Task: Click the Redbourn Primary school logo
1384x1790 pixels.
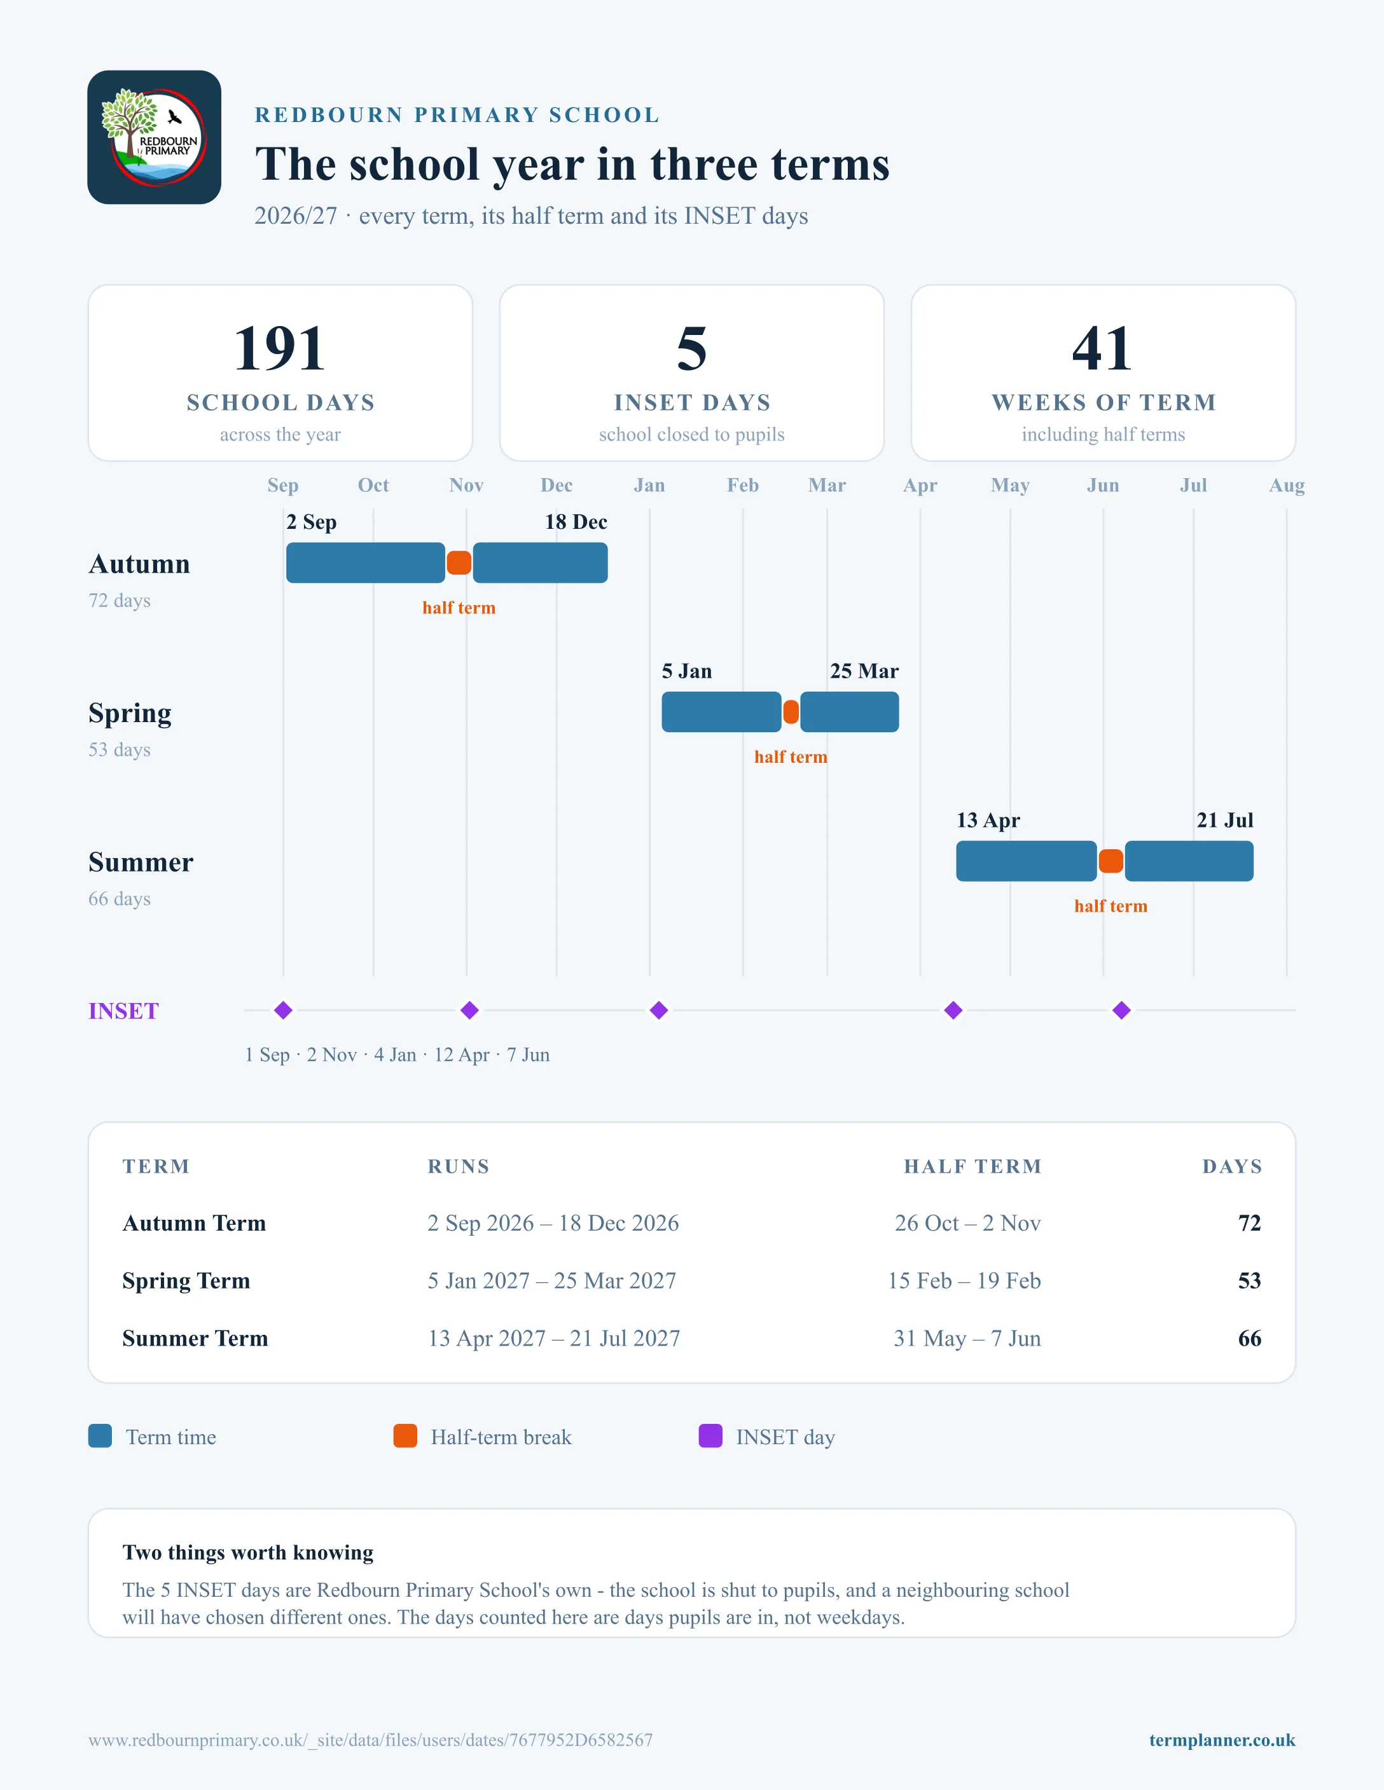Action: (x=154, y=137)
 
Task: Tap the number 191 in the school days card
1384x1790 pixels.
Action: (x=280, y=348)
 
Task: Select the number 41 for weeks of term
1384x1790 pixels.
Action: (x=1103, y=348)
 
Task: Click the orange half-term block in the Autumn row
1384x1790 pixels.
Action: (x=459, y=563)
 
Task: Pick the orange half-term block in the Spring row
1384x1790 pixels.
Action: (x=791, y=711)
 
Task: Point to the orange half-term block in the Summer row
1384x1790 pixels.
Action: (x=1111, y=861)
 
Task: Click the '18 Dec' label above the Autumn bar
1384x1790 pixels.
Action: (x=576, y=522)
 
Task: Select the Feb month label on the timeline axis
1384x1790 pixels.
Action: (x=743, y=485)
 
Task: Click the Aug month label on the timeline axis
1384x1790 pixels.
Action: (x=1287, y=485)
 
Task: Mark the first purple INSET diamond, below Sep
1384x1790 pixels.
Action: (x=284, y=1011)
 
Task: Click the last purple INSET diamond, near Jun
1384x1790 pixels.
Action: (x=1121, y=1011)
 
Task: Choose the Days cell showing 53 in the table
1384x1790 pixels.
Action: (x=1249, y=1280)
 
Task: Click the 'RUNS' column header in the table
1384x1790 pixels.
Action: (x=459, y=1166)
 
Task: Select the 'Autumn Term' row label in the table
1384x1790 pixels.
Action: (x=195, y=1223)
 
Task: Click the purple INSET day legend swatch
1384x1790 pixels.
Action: (x=710, y=1436)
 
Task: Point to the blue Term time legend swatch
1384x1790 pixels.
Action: (x=100, y=1436)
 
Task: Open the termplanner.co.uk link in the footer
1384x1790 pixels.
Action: (x=1222, y=1740)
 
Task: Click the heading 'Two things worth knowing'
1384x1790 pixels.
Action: (x=247, y=1552)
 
